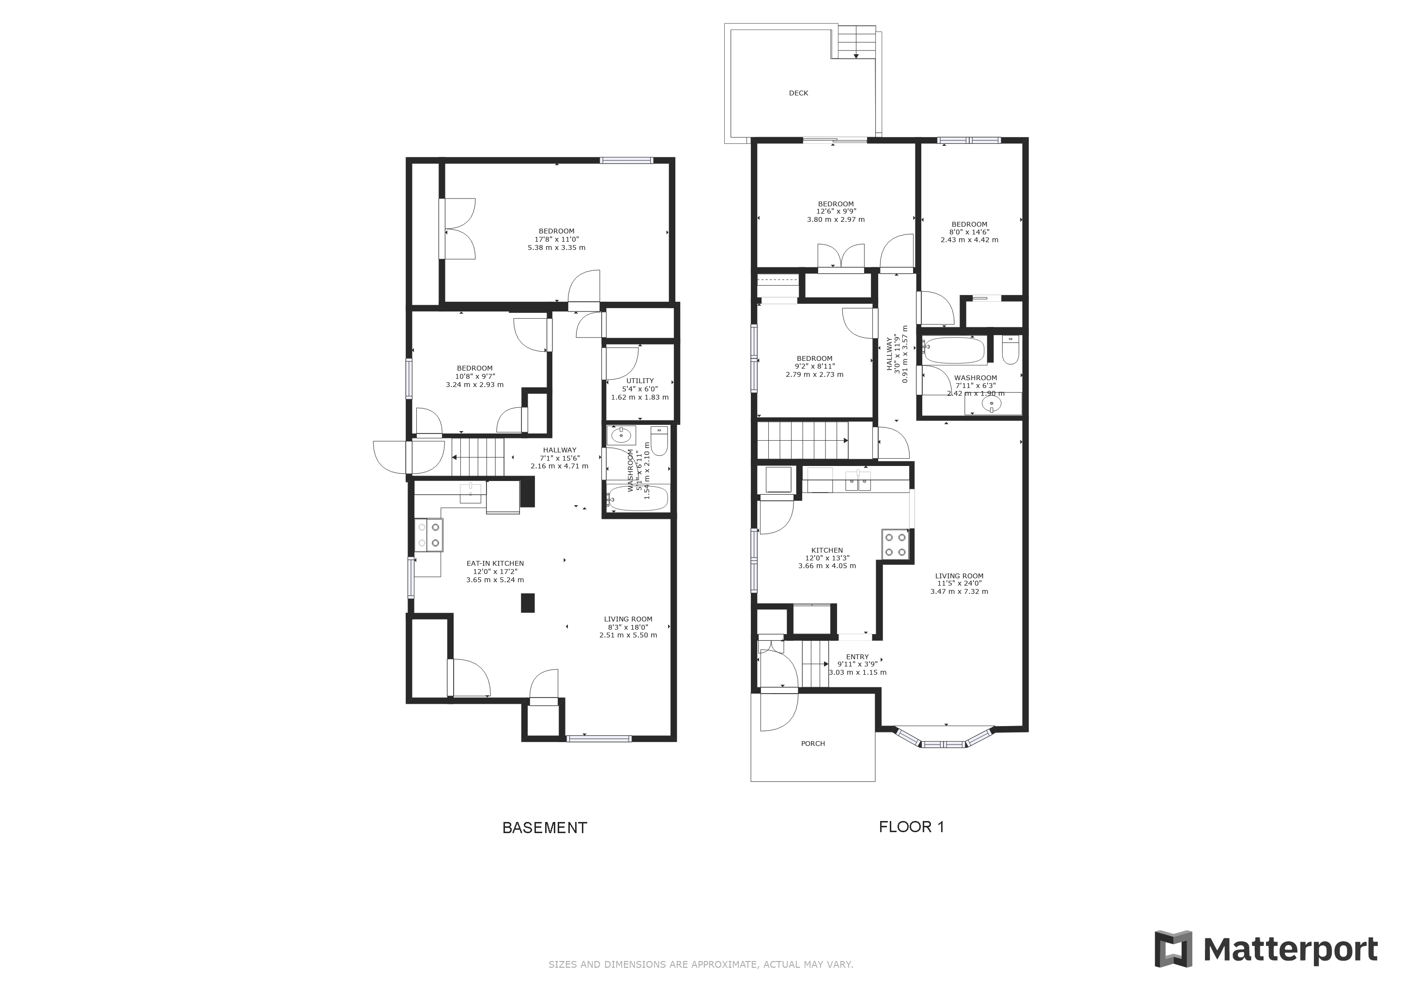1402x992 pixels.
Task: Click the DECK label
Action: (798, 93)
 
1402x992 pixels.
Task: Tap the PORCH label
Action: (813, 744)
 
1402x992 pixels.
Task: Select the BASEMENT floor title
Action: (544, 828)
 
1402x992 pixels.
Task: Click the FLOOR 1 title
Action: (911, 827)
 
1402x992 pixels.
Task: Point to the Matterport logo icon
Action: (1173, 948)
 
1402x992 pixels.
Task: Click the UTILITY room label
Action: (640, 381)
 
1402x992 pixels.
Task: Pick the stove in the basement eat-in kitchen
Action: (428, 535)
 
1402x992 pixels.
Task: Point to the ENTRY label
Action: (857, 657)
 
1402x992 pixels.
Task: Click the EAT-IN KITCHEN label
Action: (495, 564)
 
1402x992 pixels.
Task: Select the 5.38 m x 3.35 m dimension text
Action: (556, 248)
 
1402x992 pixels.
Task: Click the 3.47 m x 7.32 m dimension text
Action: (960, 591)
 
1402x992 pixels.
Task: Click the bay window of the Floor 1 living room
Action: (944, 739)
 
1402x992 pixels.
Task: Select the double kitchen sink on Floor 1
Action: (858, 481)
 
